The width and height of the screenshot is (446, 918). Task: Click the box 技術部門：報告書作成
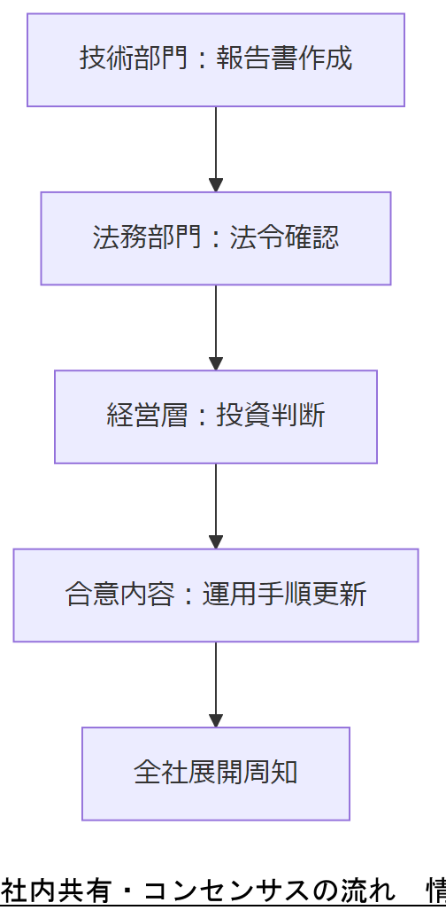pyautogui.click(x=215, y=59)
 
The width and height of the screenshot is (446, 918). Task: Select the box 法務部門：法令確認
pyautogui.click(x=215, y=238)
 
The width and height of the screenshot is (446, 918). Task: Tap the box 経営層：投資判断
pyautogui.click(x=215, y=416)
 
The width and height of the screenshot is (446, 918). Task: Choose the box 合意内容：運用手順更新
pyautogui.click(x=215, y=595)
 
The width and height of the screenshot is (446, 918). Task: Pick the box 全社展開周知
pyautogui.click(x=215, y=773)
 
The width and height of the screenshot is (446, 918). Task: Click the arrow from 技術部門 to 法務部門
pyautogui.click(x=215, y=149)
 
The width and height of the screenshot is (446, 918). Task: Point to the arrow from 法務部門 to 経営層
pyautogui.click(x=215, y=327)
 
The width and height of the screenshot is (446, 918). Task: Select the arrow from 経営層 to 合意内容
pyautogui.click(x=215, y=505)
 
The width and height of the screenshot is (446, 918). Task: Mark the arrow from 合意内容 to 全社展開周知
pyautogui.click(x=215, y=683)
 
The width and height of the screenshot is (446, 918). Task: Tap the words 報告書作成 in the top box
pyautogui.click(x=284, y=59)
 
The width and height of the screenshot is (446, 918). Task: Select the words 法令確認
pyautogui.click(x=284, y=238)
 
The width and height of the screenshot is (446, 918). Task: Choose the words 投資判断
pyautogui.click(x=271, y=416)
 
